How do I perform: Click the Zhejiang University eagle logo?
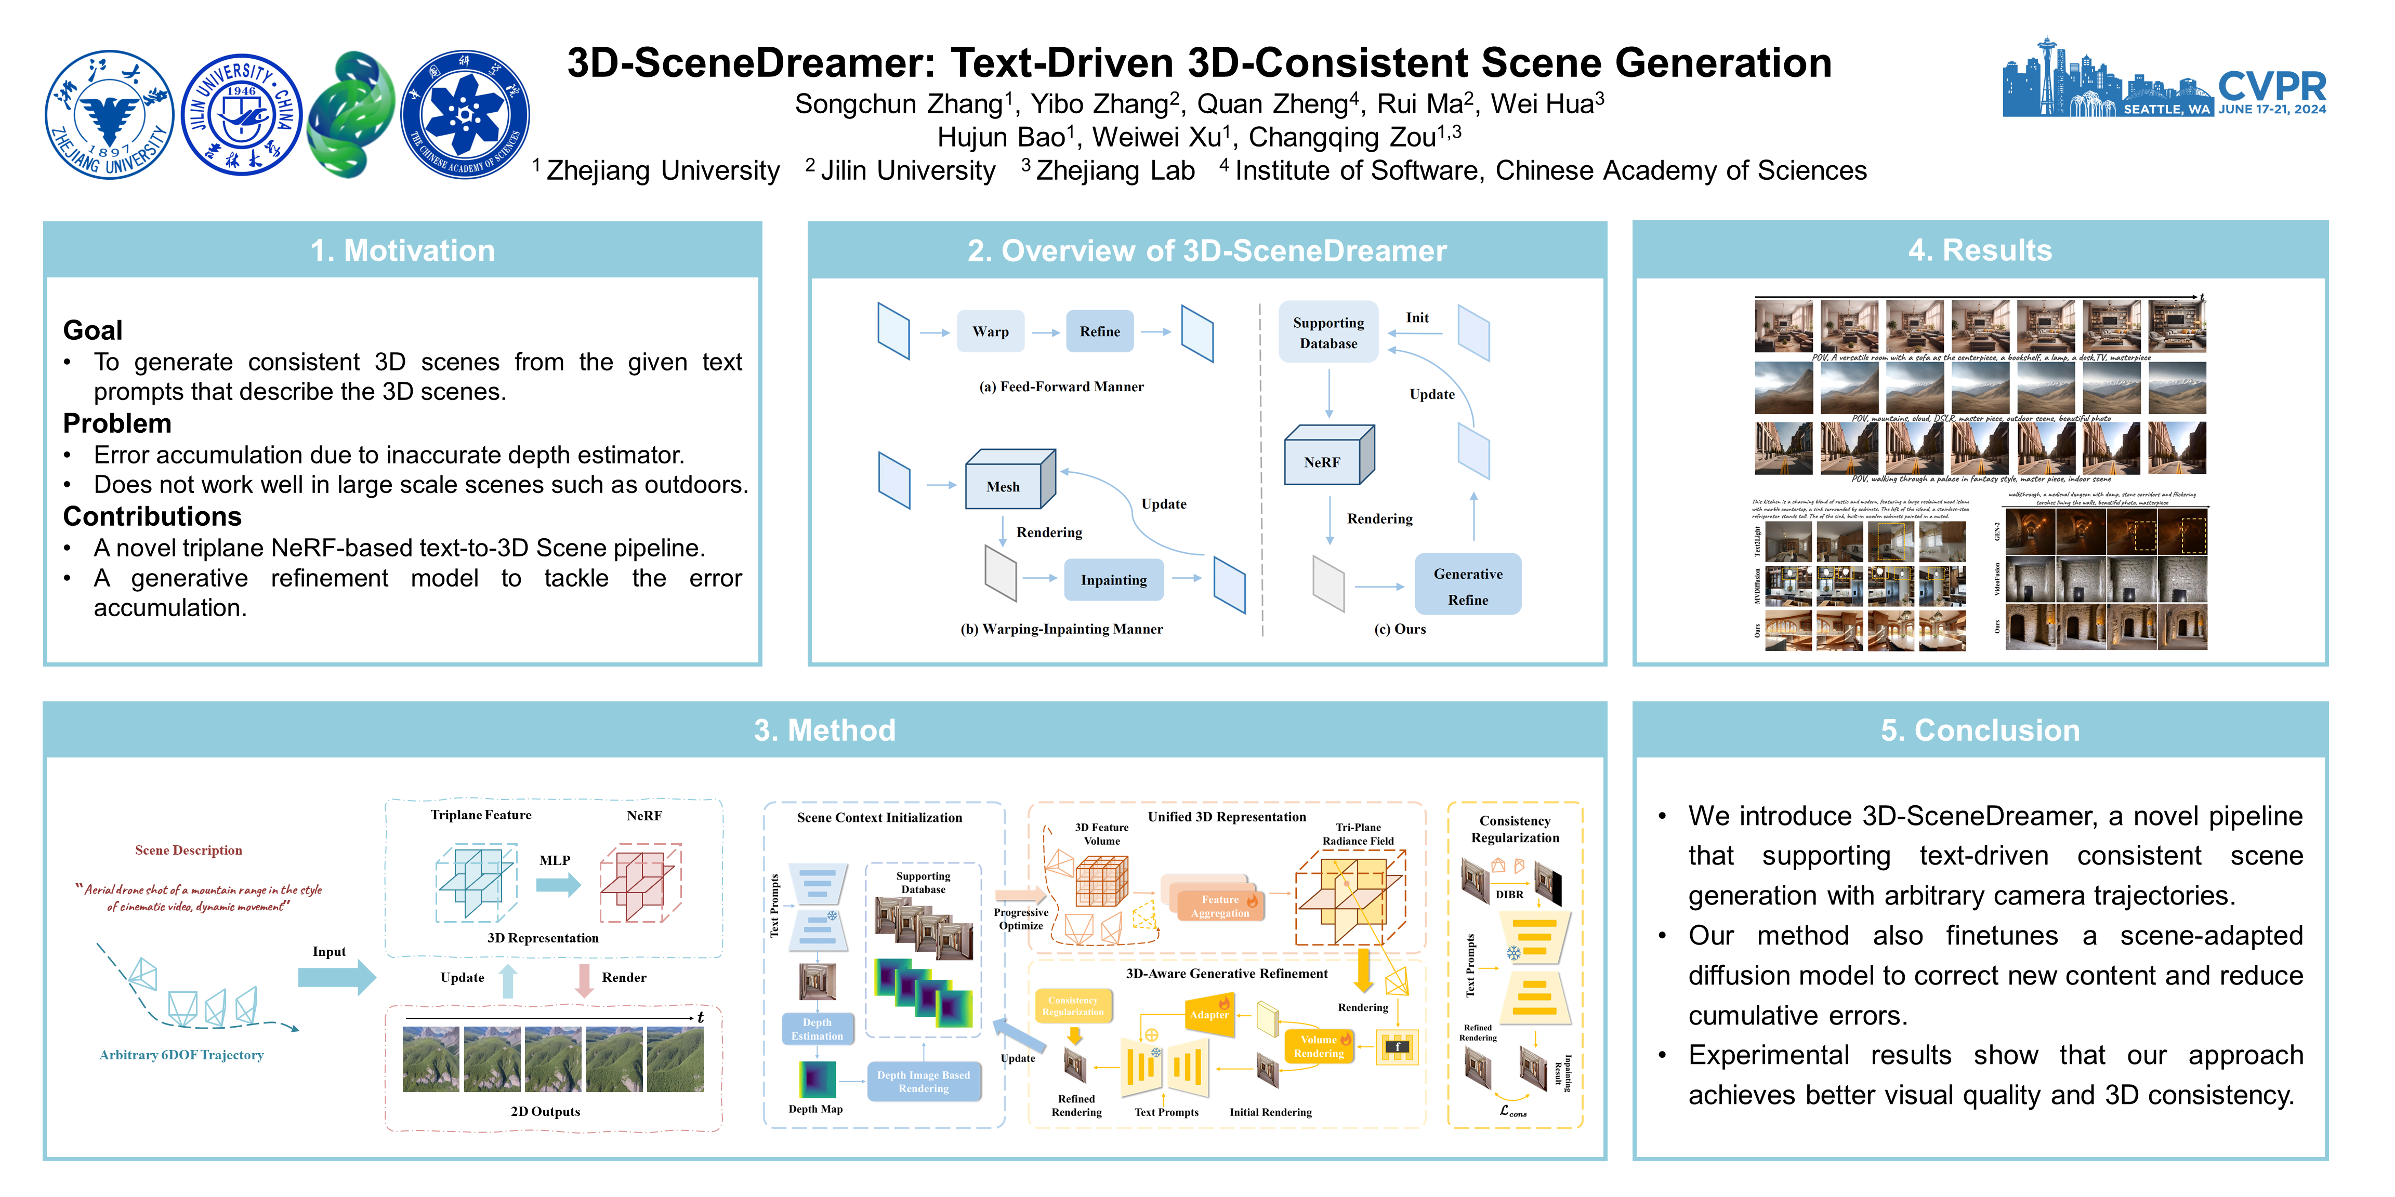[x=110, y=114]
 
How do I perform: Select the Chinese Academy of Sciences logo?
[x=465, y=114]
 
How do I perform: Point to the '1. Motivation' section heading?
[x=403, y=251]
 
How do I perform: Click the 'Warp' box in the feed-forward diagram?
[x=990, y=332]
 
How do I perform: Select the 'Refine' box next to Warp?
[x=1100, y=332]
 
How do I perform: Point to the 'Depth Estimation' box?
[x=817, y=1029]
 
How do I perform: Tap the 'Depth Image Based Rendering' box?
[x=923, y=1082]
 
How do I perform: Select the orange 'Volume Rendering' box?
[x=1319, y=1046]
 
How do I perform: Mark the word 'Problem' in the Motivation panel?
[x=117, y=424]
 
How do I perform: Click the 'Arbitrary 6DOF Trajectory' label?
[x=181, y=1055]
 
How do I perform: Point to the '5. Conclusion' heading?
[x=1979, y=730]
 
